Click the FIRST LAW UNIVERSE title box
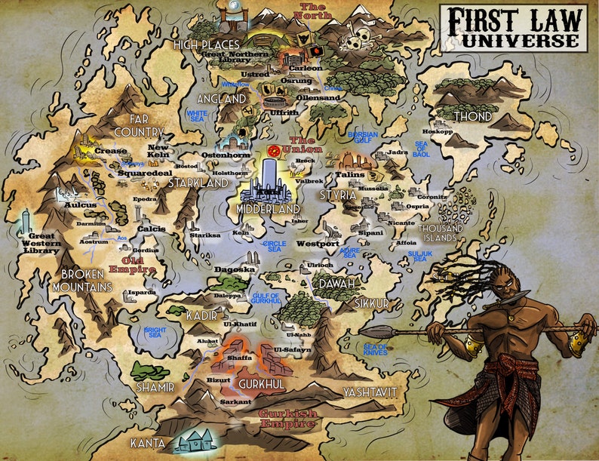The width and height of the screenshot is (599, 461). tap(513, 28)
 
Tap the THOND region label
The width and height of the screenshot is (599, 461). tap(472, 117)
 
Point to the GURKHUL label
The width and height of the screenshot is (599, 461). tap(260, 385)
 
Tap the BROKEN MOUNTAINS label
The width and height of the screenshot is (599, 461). tap(82, 281)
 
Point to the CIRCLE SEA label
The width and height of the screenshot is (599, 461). tap(274, 247)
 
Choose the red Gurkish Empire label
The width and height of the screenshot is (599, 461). tap(287, 419)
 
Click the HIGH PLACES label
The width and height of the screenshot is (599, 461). tap(206, 45)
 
